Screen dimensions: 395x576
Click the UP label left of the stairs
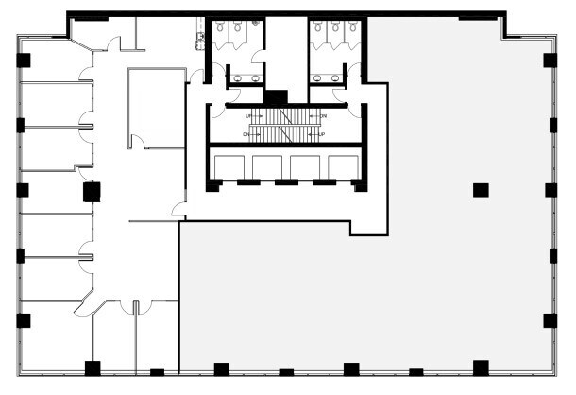tap(249, 115)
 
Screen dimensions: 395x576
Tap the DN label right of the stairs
tap(323, 115)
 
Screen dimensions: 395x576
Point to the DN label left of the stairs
tap(247, 134)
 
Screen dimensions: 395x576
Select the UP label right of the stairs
tap(322, 134)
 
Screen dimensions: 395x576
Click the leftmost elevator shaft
tap(229, 166)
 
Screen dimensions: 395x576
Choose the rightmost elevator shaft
tap(343, 166)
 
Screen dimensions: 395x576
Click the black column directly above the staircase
tap(276, 97)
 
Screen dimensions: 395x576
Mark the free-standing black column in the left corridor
tap(92, 192)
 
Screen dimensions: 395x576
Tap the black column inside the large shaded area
tap(481, 190)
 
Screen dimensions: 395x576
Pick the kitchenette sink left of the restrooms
tap(199, 39)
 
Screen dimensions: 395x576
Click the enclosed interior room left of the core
tap(157, 107)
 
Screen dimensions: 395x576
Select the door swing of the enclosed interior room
tap(137, 142)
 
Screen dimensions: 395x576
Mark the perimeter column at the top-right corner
tap(550, 60)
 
